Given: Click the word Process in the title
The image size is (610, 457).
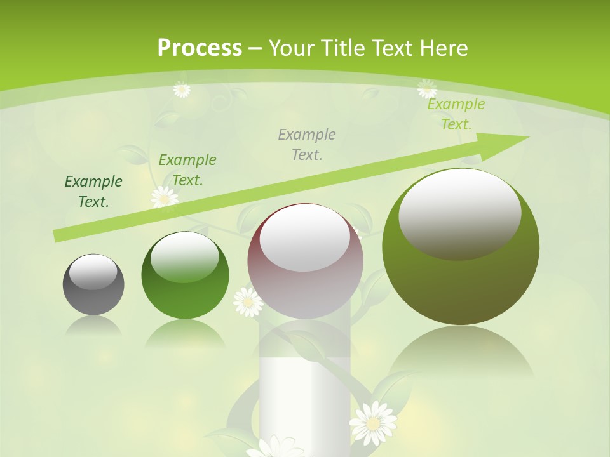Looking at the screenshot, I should [x=200, y=48].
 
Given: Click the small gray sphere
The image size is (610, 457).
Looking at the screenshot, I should [x=93, y=284].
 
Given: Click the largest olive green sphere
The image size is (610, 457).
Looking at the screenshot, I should [x=461, y=248].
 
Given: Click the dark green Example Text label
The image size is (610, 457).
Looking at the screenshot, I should [x=93, y=192].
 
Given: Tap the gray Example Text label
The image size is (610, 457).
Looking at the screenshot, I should [x=307, y=144].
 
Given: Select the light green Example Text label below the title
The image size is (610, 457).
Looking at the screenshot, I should [x=456, y=114].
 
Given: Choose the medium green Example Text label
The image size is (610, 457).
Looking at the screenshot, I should [x=187, y=170].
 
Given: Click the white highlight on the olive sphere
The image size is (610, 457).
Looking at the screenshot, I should [x=460, y=213].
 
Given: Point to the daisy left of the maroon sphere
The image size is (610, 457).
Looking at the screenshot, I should [x=248, y=302].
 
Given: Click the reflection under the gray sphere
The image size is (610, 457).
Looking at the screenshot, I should [x=93, y=326].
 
